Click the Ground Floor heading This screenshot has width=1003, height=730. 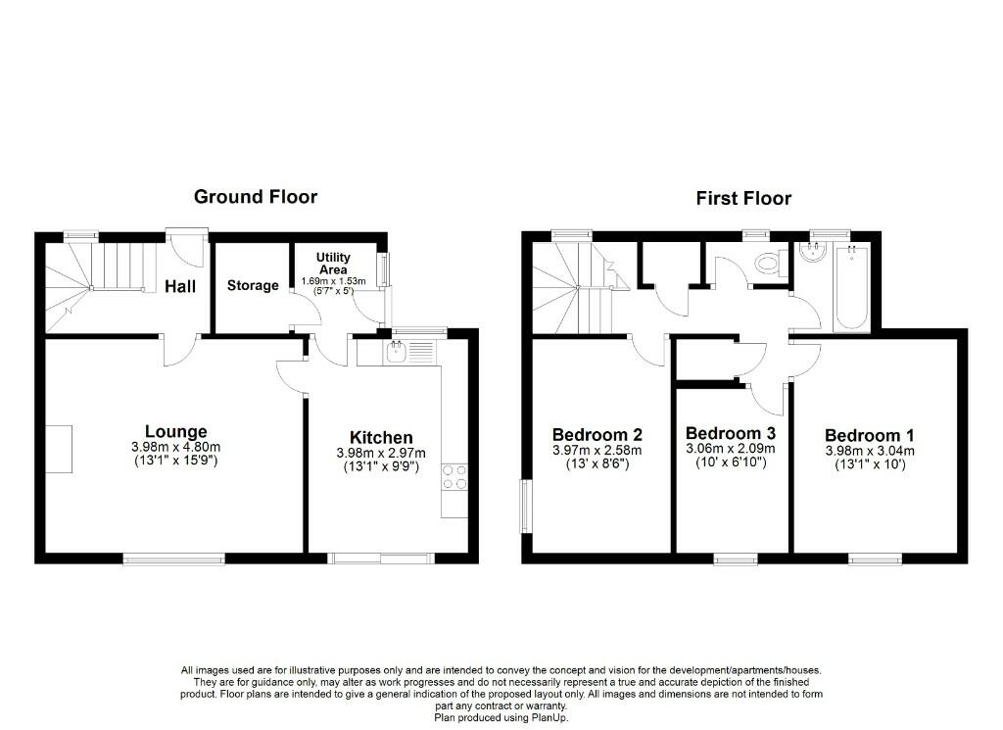click(x=256, y=196)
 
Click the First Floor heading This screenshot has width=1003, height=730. click(x=743, y=198)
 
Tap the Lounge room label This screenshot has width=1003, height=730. click(x=176, y=432)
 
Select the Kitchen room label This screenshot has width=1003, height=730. click(x=381, y=438)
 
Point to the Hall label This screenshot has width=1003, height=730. click(x=180, y=286)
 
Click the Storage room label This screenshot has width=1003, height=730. click(x=253, y=285)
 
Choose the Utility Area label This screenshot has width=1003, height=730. click(x=333, y=263)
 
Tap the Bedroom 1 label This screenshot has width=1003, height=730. click(x=870, y=436)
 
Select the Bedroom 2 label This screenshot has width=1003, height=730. click(x=597, y=434)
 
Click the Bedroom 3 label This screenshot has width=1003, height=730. click(x=731, y=433)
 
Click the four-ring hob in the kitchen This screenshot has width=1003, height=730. click(x=454, y=477)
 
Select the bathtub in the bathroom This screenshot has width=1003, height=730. click(x=852, y=287)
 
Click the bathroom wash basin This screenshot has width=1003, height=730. click(x=815, y=252)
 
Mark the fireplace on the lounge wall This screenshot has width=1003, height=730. click(x=58, y=449)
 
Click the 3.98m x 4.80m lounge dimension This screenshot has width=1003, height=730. click(x=176, y=447)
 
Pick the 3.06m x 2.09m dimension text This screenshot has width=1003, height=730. click(x=731, y=449)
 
